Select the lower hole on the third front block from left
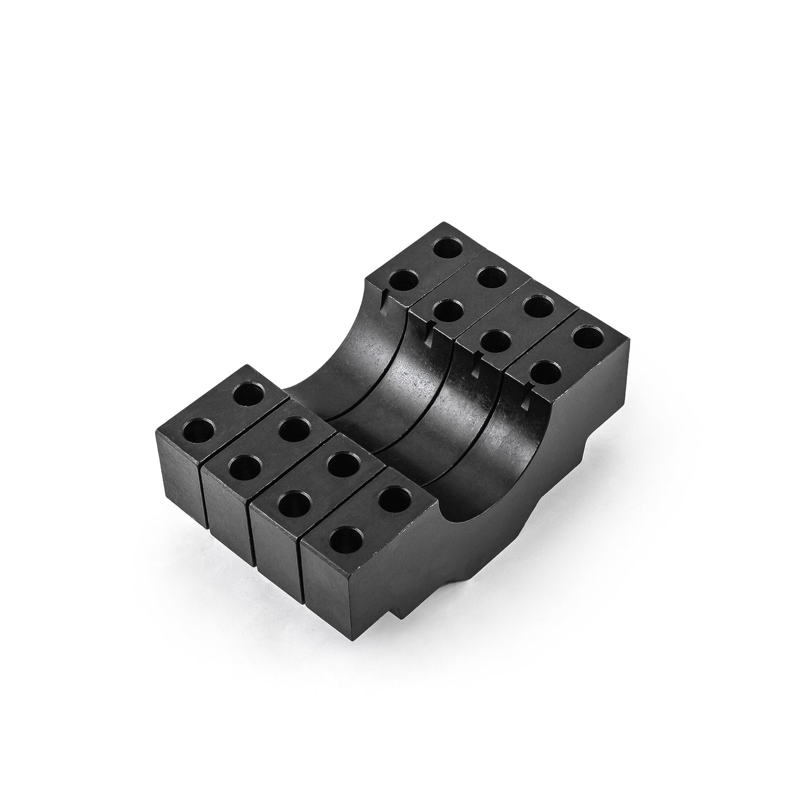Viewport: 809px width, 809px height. (293, 507)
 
